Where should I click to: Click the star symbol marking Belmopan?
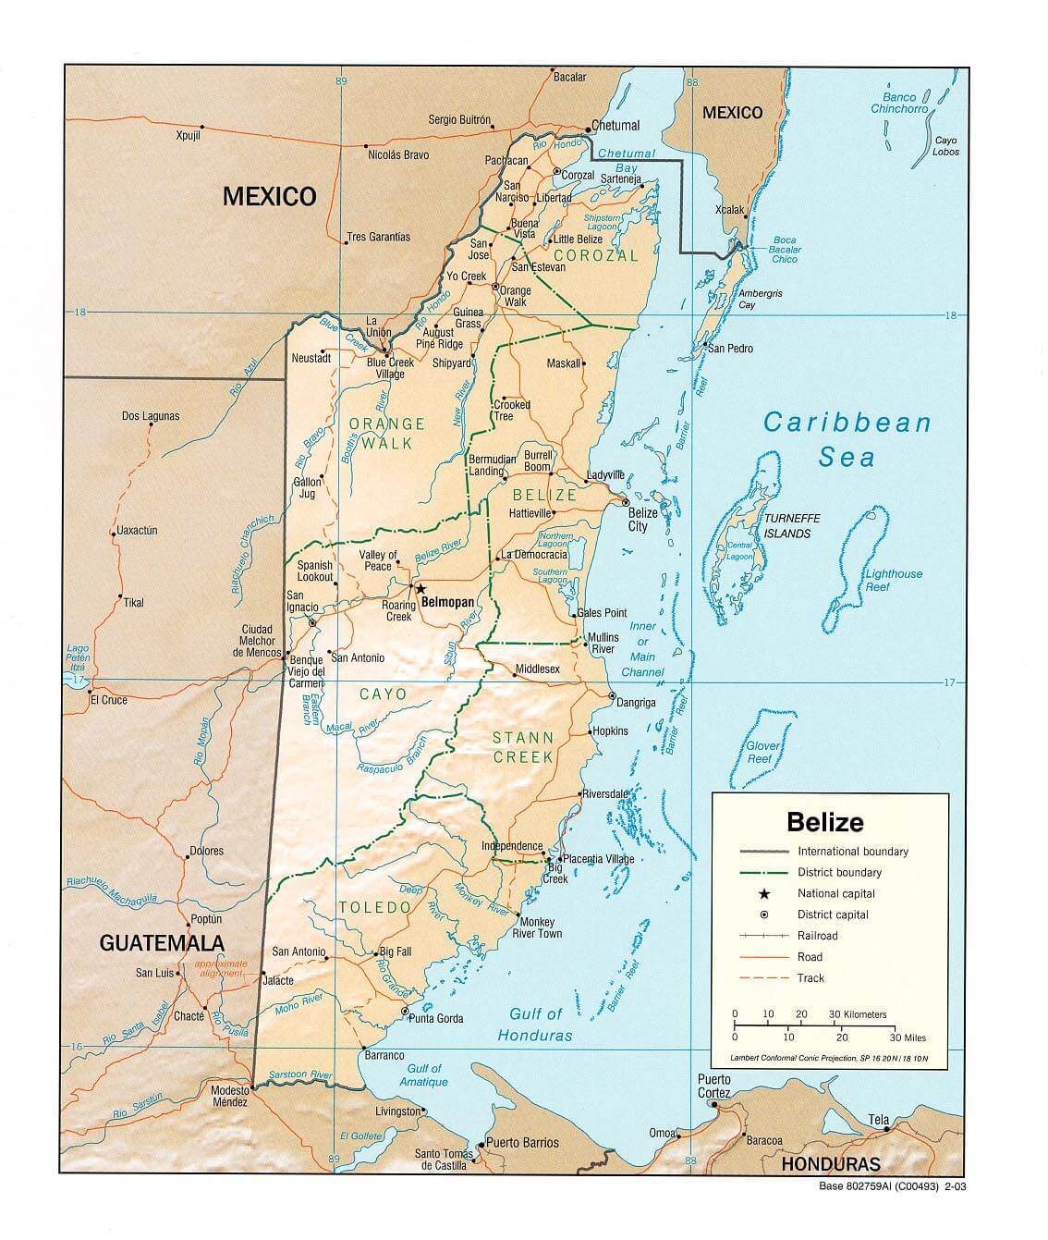point(420,589)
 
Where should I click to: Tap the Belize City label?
point(642,520)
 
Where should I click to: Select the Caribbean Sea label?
point(847,440)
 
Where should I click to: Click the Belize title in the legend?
point(825,821)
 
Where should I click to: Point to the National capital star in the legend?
point(764,893)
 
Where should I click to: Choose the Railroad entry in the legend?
point(818,936)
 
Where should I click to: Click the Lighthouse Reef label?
point(893,580)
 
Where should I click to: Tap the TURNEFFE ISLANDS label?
point(792,526)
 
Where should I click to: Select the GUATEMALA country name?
point(162,943)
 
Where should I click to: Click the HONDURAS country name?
point(831,1164)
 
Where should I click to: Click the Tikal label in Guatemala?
point(133,603)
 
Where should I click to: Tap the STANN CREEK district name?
point(523,747)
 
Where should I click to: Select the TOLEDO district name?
point(374,907)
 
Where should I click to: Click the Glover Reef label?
point(764,752)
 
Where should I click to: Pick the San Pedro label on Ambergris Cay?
point(730,349)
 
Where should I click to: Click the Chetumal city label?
point(615,126)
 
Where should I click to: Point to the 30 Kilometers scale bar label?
point(858,1014)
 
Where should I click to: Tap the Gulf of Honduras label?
point(535,1025)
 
